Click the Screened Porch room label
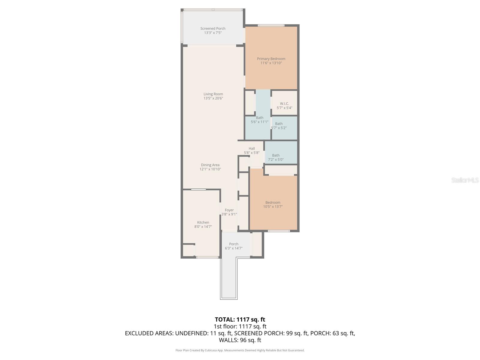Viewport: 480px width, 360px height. tap(213, 28)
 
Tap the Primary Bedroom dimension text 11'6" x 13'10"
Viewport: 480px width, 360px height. tap(271, 63)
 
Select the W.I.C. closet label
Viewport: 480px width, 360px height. tap(284, 103)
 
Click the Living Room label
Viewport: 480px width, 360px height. tap(213, 94)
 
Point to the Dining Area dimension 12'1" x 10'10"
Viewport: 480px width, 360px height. tap(210, 169)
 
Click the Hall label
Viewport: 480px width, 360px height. tap(251, 148)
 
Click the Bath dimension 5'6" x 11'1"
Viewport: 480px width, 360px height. tap(259, 122)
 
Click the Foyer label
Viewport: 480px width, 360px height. tap(229, 210)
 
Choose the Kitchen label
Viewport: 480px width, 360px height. tap(203, 222)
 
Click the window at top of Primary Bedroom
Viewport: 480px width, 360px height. tap(271, 25)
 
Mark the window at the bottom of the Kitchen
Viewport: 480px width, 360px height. tap(207, 257)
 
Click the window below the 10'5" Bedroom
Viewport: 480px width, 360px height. tap(279, 231)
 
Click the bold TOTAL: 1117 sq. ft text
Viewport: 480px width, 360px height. tap(240, 319)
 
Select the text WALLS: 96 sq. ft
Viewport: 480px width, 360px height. tap(240, 340)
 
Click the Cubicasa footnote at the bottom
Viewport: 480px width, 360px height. tap(240, 350)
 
